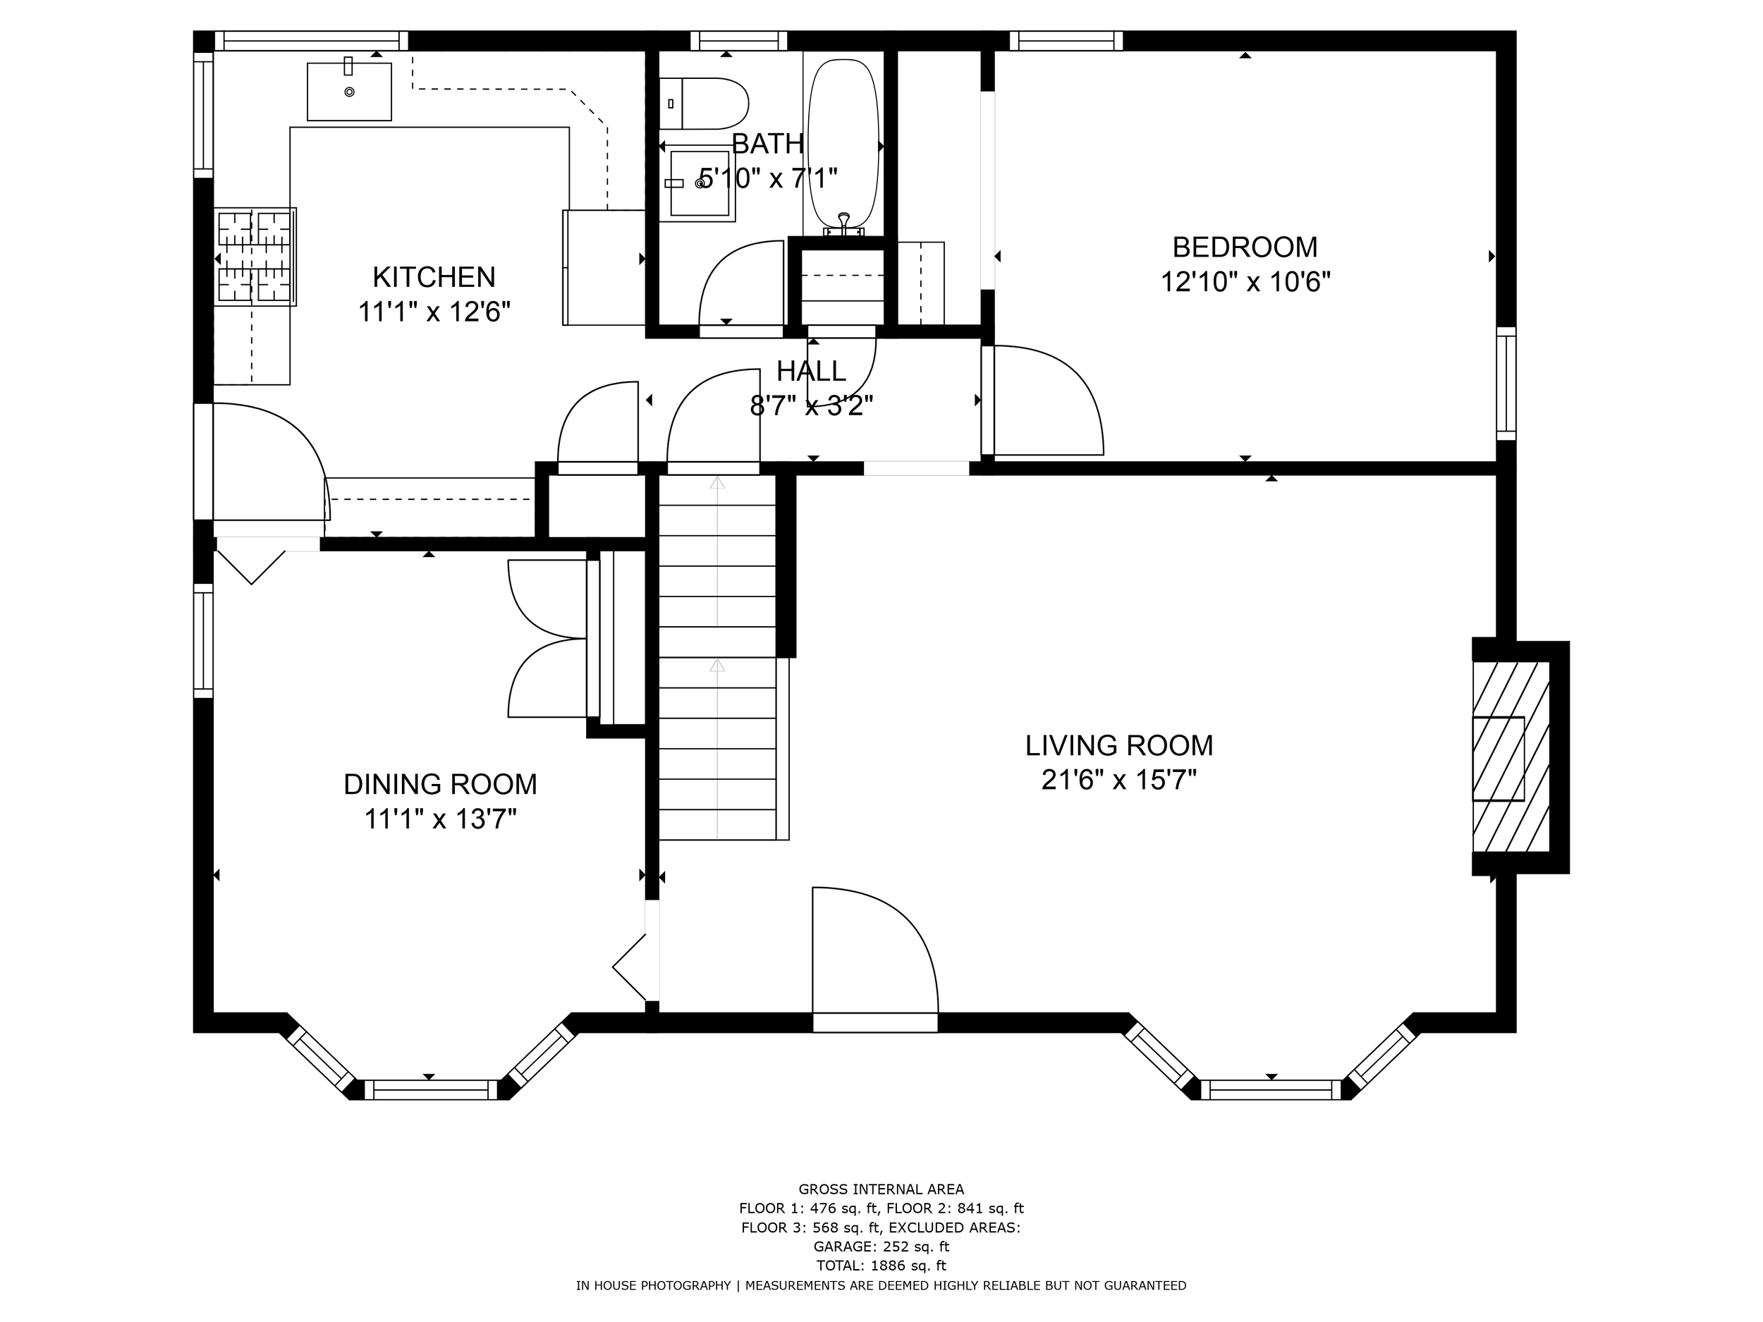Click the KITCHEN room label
(x=434, y=277)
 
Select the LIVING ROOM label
(x=1118, y=746)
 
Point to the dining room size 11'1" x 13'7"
(x=440, y=819)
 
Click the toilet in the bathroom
(x=705, y=104)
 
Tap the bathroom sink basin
(x=700, y=183)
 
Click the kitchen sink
(x=349, y=92)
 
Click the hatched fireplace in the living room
(x=1510, y=757)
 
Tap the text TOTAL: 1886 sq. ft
(x=881, y=1266)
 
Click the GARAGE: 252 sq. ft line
(x=881, y=1247)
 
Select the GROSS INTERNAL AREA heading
(x=881, y=1189)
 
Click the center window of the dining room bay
(x=430, y=1089)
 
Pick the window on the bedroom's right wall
(x=1506, y=382)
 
